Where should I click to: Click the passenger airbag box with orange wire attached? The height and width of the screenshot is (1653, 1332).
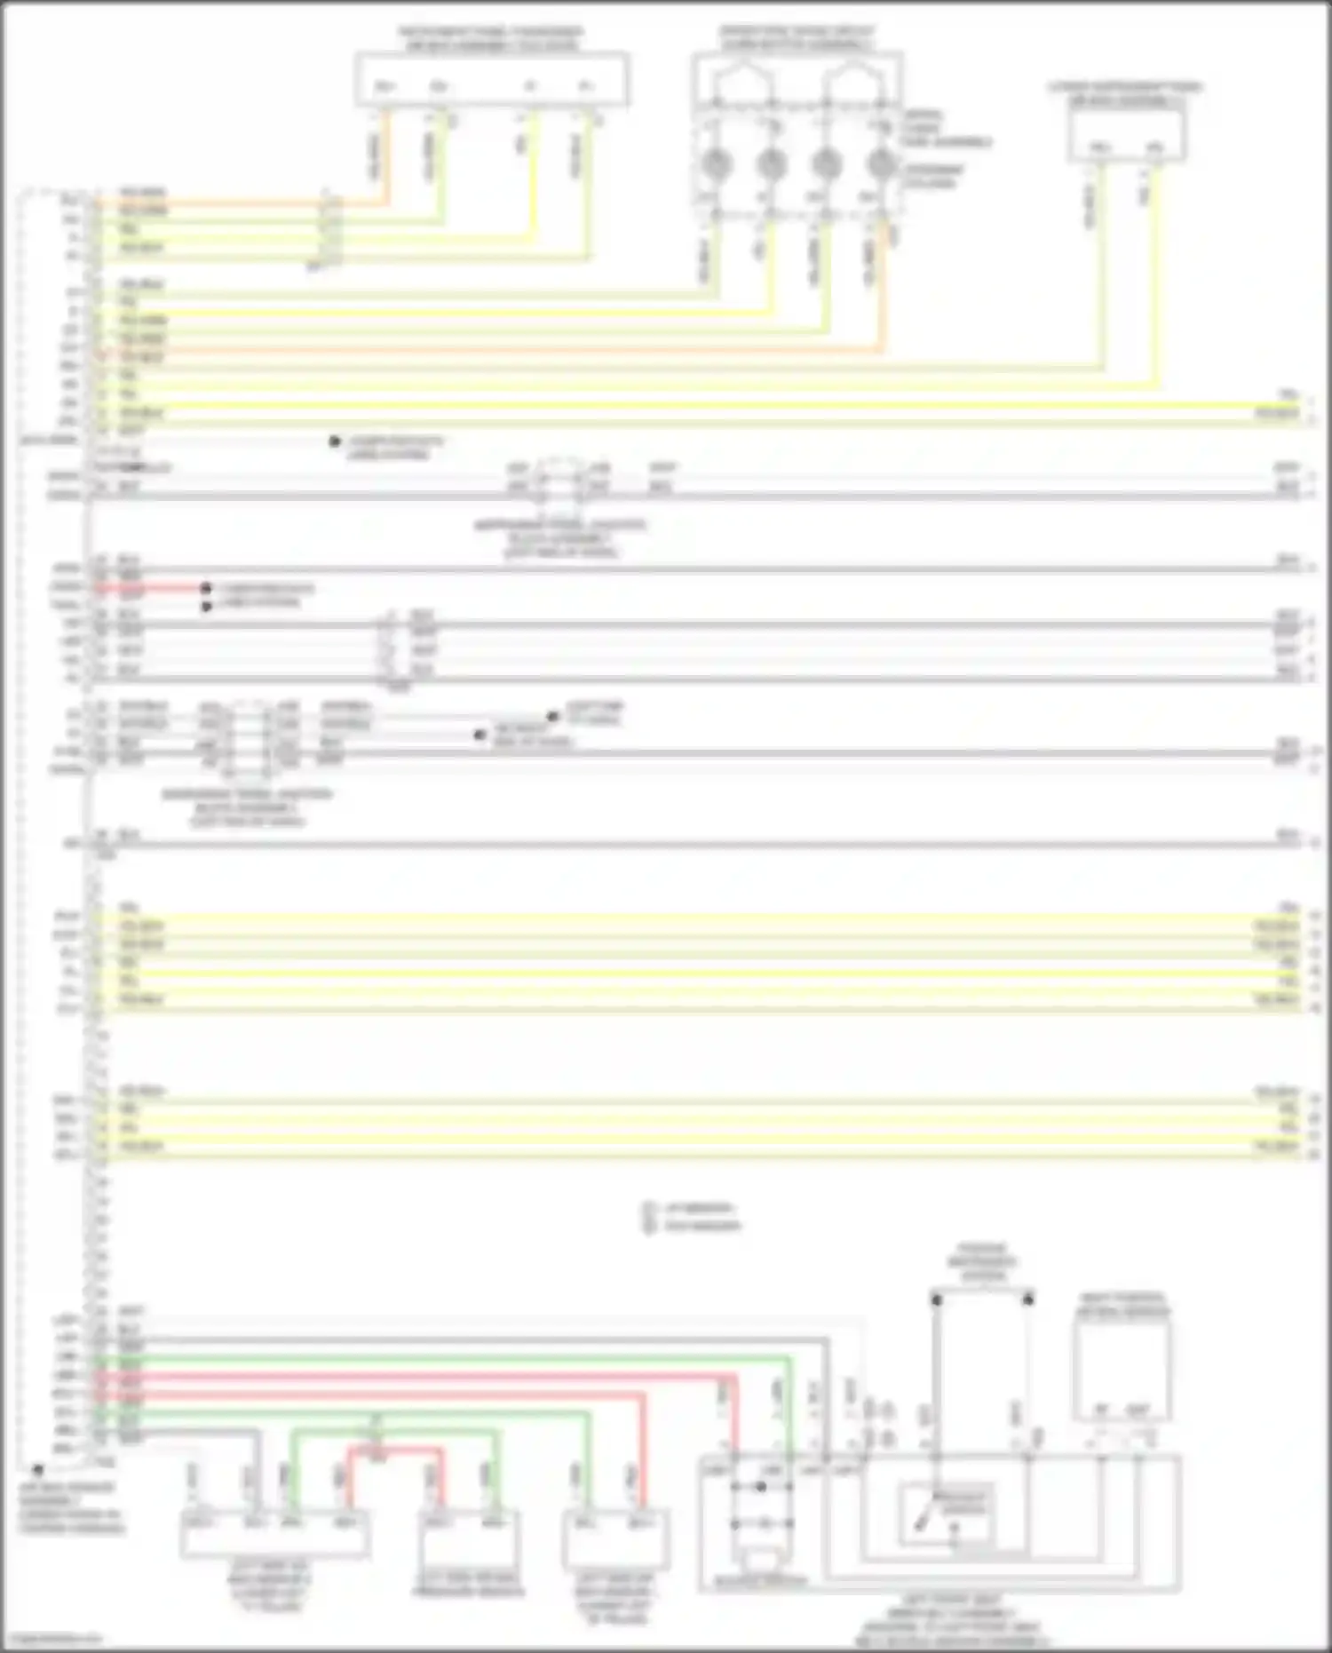coord(492,81)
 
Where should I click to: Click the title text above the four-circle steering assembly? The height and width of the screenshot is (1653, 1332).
coord(797,37)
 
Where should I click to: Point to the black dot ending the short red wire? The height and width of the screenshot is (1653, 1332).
coord(205,588)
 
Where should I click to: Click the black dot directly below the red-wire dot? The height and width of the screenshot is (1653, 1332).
coord(206,606)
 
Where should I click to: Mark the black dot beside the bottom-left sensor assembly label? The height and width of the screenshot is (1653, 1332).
coord(38,1470)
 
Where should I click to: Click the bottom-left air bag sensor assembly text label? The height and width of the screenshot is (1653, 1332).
coord(71,1507)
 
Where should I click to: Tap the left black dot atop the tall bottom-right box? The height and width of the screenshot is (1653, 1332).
coord(936,1299)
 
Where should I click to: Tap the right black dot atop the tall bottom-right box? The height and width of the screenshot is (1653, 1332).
coord(1028,1299)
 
